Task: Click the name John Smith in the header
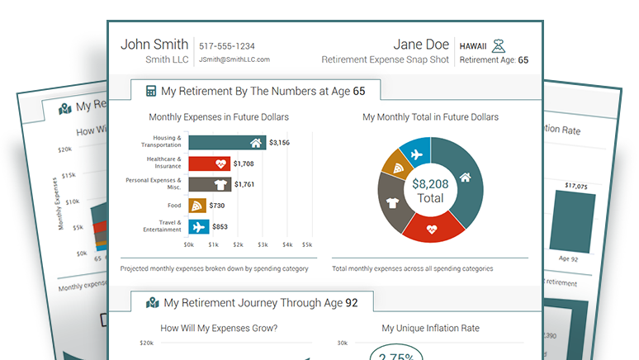154,45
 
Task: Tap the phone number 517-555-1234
227,46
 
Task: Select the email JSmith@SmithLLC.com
234,59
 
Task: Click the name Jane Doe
421,45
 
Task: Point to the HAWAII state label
473,45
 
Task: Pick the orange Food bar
197,206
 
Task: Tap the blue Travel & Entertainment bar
198,226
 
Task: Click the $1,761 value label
248,184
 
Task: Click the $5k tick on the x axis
306,244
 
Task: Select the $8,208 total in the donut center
430,184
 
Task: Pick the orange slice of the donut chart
393,167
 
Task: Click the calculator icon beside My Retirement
151,91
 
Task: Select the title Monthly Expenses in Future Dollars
219,117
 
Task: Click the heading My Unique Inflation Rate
430,329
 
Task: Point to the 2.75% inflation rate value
397,355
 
